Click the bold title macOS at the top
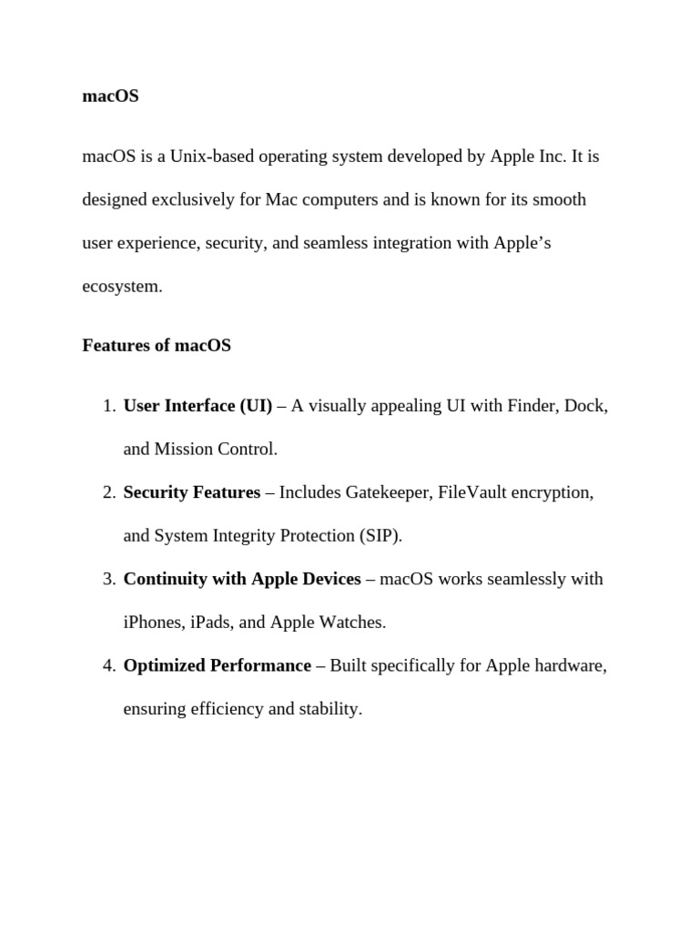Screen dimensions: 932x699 point(110,96)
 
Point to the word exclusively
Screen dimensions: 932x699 point(190,199)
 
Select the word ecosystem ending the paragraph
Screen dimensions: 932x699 point(120,287)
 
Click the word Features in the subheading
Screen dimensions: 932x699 point(113,346)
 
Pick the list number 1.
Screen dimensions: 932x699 point(107,406)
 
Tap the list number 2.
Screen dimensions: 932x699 point(107,492)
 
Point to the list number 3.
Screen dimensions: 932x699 point(107,579)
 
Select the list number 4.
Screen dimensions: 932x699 point(107,665)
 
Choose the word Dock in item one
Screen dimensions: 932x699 point(584,406)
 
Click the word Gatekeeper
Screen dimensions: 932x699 point(388,492)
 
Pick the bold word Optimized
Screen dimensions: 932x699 point(164,665)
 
